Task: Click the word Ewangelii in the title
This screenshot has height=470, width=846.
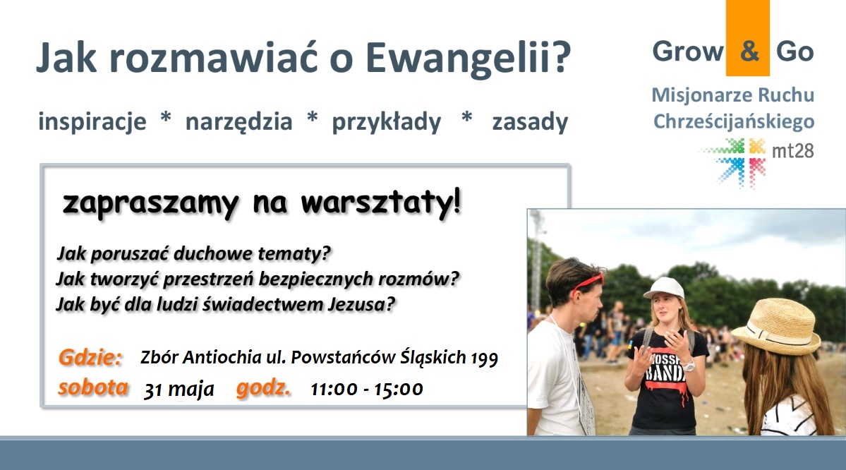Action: (468, 58)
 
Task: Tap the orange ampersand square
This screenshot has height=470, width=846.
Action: (747, 38)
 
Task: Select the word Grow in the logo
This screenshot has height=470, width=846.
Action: (687, 52)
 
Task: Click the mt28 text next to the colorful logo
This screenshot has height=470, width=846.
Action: (792, 150)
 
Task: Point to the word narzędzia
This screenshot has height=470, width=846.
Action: (238, 122)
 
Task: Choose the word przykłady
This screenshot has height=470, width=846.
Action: (387, 122)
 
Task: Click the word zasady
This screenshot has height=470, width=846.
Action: (530, 122)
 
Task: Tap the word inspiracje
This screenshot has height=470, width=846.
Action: (92, 122)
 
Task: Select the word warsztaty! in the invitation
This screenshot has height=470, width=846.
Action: (381, 203)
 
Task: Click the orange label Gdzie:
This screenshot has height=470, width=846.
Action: (90, 357)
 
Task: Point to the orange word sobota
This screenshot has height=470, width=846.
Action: (93, 387)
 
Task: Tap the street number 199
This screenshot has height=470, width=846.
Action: (485, 358)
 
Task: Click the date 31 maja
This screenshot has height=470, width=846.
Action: (179, 390)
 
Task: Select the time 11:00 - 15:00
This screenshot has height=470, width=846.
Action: (367, 389)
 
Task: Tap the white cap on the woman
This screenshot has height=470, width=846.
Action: (664, 288)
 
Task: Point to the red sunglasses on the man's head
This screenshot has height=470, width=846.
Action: (587, 282)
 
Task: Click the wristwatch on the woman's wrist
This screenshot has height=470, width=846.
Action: (689, 366)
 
